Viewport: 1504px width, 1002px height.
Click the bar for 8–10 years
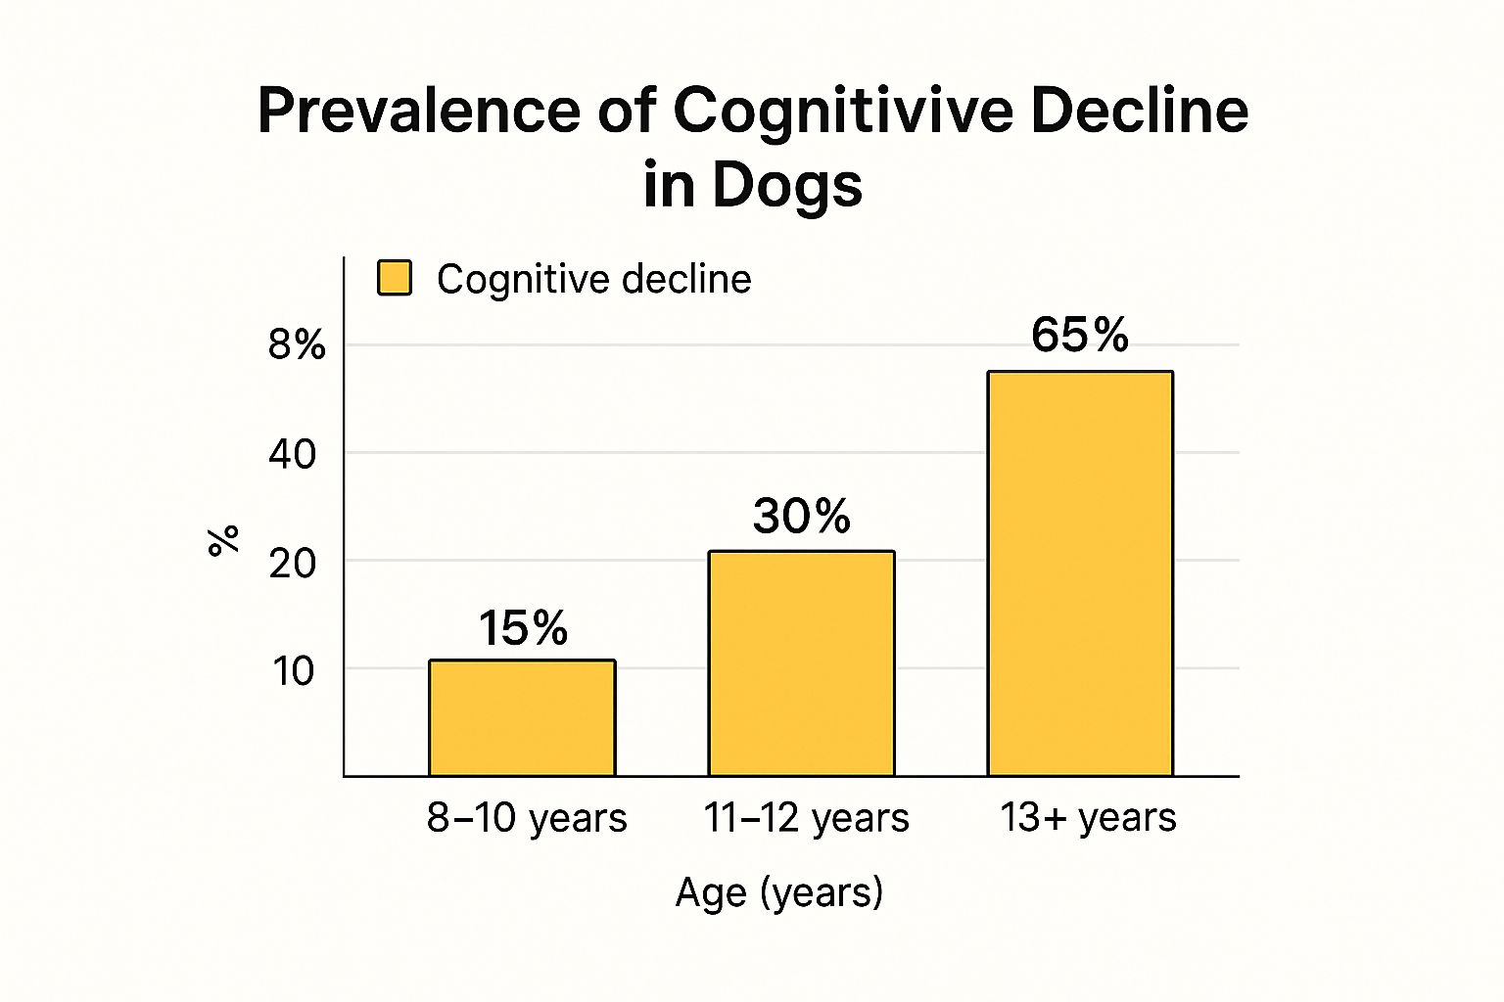point(522,718)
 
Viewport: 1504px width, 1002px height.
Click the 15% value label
point(523,628)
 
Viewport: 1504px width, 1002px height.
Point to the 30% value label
point(802,516)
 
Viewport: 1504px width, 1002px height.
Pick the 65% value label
point(1080,336)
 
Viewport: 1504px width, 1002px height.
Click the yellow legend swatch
point(395,278)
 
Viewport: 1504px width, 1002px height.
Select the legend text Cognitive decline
point(593,279)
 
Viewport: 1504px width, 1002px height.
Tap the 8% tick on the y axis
point(297,344)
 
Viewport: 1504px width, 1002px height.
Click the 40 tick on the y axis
point(293,454)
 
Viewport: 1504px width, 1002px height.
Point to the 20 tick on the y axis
point(293,564)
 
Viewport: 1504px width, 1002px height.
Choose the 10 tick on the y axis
point(293,671)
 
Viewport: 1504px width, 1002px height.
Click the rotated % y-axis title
point(224,540)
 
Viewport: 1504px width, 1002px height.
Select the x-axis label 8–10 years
point(527,818)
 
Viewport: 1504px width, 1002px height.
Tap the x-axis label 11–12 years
point(806,818)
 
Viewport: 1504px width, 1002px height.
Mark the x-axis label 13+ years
point(1088,818)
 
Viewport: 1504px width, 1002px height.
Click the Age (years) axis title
point(779,892)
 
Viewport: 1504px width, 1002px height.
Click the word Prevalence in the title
point(416,111)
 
